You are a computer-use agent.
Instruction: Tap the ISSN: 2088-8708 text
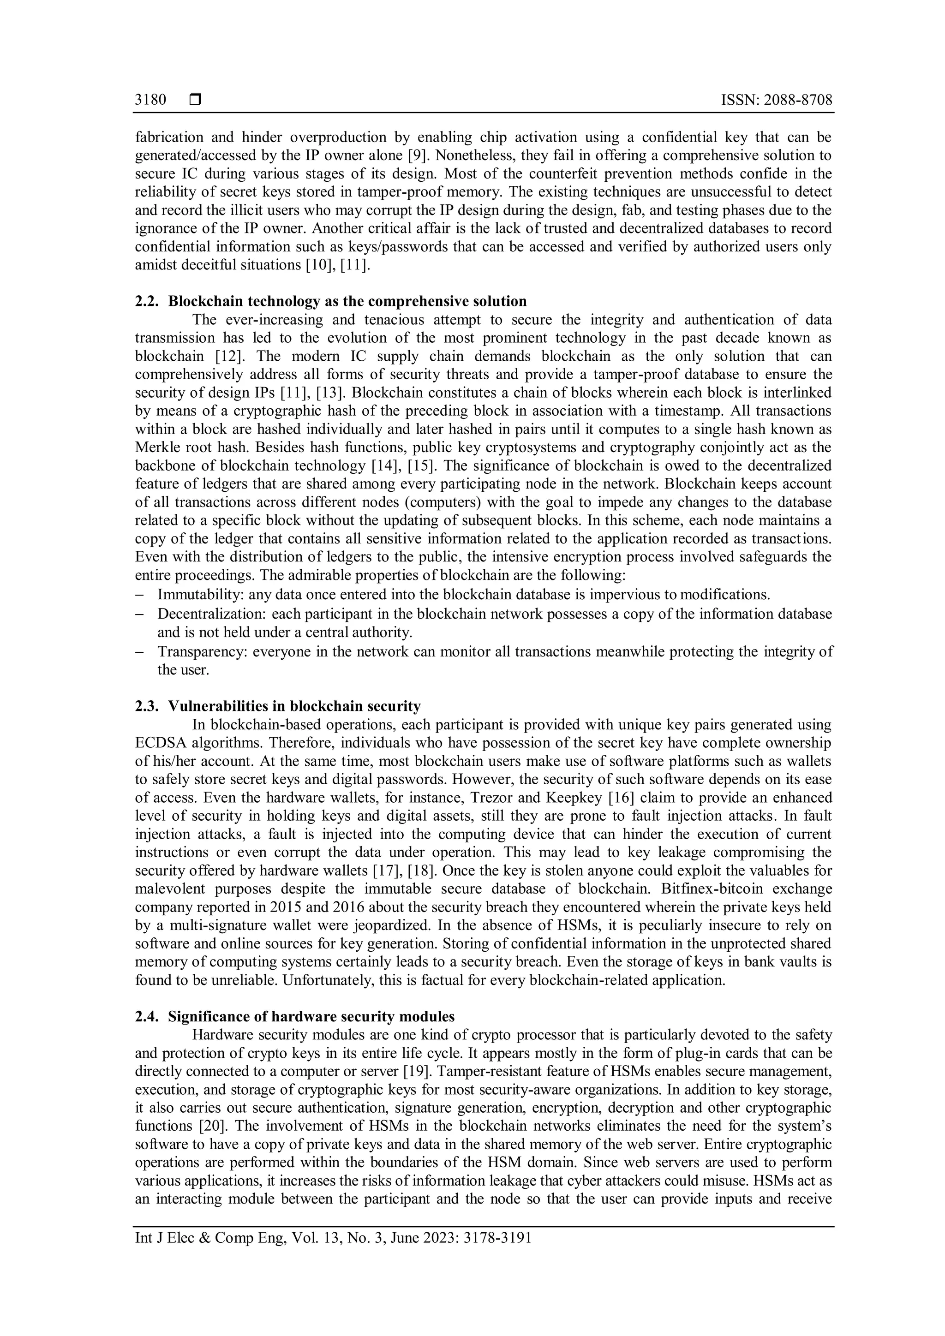[x=776, y=100]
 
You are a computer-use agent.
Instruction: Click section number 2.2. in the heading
[x=147, y=301]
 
